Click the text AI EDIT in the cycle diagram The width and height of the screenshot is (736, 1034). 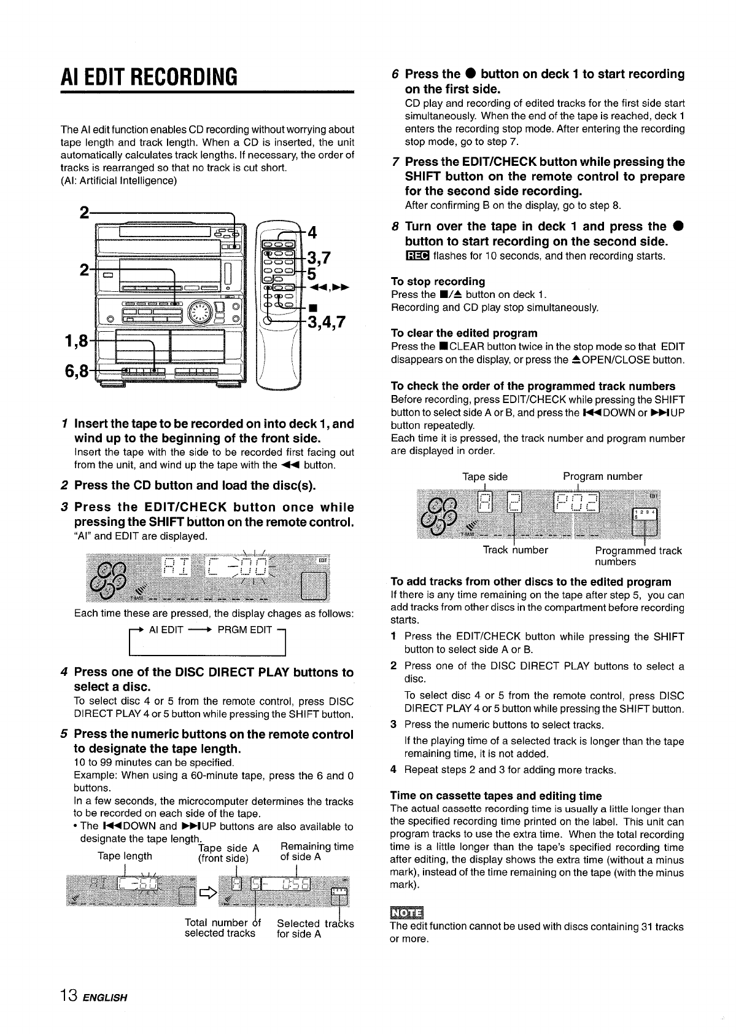tap(166, 629)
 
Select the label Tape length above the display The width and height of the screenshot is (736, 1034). tap(125, 856)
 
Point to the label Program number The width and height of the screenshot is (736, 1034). tap(602, 476)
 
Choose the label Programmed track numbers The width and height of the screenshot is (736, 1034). tap(638, 556)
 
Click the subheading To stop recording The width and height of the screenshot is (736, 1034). tap(438, 281)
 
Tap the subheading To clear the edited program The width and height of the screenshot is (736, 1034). tap(464, 333)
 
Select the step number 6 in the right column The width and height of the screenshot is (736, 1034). tap(396, 74)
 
